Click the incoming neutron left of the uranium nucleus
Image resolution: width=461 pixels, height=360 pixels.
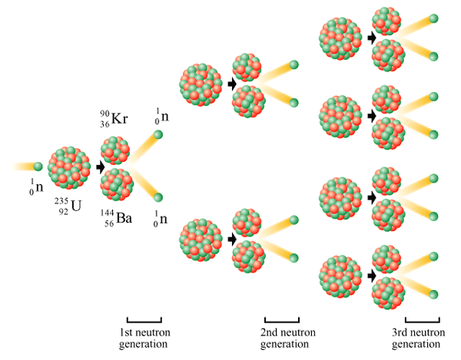tap(38, 167)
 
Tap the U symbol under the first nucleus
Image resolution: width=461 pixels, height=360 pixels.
tap(76, 206)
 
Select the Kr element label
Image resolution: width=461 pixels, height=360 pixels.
tap(120, 119)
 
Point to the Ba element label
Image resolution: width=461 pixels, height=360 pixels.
tap(124, 218)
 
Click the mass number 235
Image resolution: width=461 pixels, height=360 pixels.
tap(61, 201)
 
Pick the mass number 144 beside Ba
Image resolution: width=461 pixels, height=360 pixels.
tap(108, 213)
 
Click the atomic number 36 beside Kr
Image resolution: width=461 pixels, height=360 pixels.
tap(104, 124)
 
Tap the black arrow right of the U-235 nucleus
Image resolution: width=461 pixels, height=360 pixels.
tap(101, 167)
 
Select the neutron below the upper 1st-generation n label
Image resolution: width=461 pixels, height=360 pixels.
tap(158, 135)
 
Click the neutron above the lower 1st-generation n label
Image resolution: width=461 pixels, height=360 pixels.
tap(158, 197)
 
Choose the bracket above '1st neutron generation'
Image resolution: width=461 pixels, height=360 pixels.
tap(144, 320)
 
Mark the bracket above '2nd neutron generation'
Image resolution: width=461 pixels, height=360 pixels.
tap(282, 320)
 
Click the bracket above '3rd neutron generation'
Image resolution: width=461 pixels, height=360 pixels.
tap(422, 320)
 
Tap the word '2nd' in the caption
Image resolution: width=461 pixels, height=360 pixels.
tap(270, 332)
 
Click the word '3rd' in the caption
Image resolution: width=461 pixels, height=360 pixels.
tap(400, 332)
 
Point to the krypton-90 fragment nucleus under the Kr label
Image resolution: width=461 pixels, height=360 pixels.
tap(115, 150)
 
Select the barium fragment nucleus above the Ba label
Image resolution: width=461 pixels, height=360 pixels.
tap(117, 184)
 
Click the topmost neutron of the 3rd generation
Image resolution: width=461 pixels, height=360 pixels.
tap(433, 18)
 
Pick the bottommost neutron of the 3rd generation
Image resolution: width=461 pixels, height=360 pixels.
tap(433, 295)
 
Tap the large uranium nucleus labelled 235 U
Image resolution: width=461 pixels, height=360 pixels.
tap(69, 167)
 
